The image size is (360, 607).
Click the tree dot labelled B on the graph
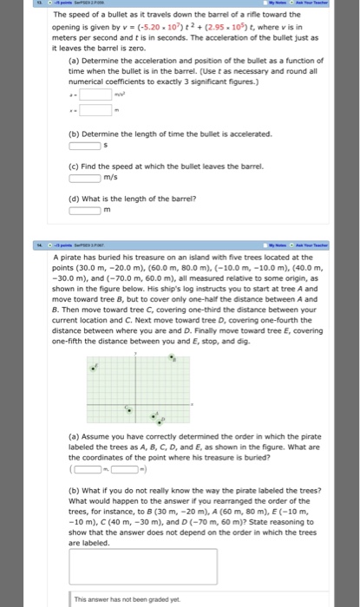coord(171,356)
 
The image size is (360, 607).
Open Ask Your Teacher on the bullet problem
coord(328,3)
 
